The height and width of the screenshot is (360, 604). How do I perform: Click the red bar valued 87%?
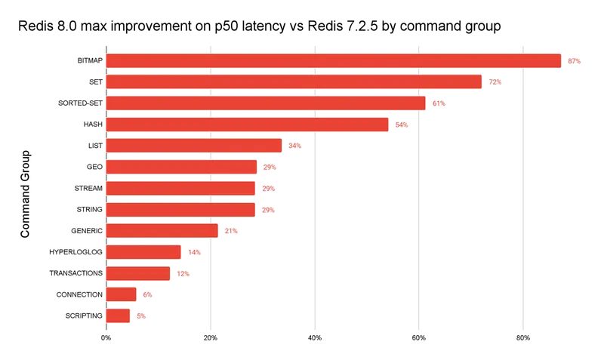[x=332, y=60]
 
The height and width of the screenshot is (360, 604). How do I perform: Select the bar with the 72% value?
[x=292, y=82]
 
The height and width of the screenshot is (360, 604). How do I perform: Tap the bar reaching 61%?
[x=264, y=103]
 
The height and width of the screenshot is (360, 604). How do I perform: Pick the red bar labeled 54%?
[x=246, y=125]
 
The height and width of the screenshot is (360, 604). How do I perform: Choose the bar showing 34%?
[x=193, y=146]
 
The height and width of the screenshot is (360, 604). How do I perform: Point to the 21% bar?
[x=160, y=230]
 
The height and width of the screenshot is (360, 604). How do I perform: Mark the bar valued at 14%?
[x=142, y=252]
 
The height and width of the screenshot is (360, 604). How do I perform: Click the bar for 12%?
[x=137, y=273]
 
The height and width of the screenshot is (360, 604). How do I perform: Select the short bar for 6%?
[x=119, y=294]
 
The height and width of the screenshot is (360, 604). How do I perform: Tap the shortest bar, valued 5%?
[x=117, y=315]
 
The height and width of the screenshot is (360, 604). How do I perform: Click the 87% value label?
[x=574, y=60]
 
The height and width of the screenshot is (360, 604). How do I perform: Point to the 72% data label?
[x=495, y=82]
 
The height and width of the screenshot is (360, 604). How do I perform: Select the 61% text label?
[x=439, y=103]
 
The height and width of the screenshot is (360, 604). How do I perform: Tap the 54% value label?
[x=402, y=125]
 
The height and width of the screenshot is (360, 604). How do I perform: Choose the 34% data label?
[x=295, y=146]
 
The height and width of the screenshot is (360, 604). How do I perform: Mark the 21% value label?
[x=231, y=230]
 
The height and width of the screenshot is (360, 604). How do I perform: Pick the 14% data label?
[x=194, y=252]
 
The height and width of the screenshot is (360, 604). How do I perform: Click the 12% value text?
[x=183, y=273]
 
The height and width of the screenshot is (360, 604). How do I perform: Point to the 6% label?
[x=147, y=294]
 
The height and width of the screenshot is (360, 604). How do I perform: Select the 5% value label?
[x=141, y=315]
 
